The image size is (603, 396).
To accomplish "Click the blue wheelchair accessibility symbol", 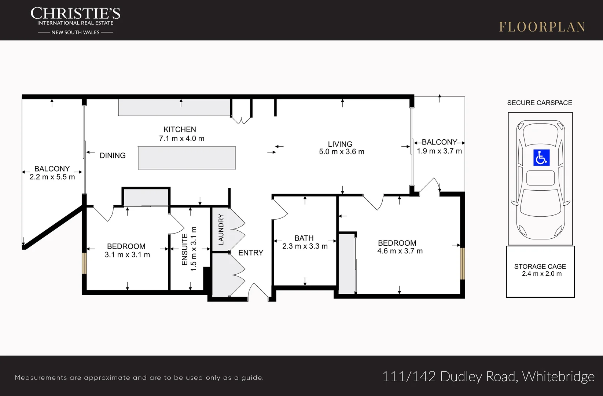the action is pyautogui.click(x=541, y=158).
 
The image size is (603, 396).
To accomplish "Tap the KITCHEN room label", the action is pyautogui.click(x=180, y=129).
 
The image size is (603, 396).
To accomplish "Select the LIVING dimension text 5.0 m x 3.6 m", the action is pyautogui.click(x=342, y=151).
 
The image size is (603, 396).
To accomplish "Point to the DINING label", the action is pyautogui.click(x=113, y=155).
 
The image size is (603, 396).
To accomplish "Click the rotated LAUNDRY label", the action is pyautogui.click(x=221, y=230).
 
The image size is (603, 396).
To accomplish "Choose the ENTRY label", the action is pyautogui.click(x=251, y=253).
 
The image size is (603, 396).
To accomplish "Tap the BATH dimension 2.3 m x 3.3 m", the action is pyautogui.click(x=305, y=246).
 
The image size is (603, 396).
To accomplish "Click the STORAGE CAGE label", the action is pyautogui.click(x=540, y=267).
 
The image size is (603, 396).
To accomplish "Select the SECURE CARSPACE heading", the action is pyautogui.click(x=540, y=103).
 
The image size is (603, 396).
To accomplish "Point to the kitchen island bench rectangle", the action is pyautogui.click(x=187, y=158).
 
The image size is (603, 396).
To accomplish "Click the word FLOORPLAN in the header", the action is pyautogui.click(x=542, y=27).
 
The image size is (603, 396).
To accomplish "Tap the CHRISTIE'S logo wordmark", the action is pyautogui.click(x=76, y=13).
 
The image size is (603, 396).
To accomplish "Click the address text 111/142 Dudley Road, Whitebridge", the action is pyautogui.click(x=488, y=376).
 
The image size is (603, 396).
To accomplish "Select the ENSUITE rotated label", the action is pyautogui.click(x=185, y=250).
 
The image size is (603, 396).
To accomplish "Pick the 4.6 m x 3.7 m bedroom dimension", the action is pyautogui.click(x=400, y=251).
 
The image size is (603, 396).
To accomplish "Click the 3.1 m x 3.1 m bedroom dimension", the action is pyautogui.click(x=127, y=255).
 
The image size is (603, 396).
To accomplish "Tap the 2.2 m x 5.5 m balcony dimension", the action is pyautogui.click(x=52, y=177).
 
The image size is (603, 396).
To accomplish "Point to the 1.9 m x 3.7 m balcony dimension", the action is pyautogui.click(x=439, y=151).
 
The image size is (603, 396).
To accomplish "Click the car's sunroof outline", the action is pyautogui.click(x=541, y=178).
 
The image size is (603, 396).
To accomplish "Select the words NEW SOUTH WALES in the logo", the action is pyautogui.click(x=76, y=32).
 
